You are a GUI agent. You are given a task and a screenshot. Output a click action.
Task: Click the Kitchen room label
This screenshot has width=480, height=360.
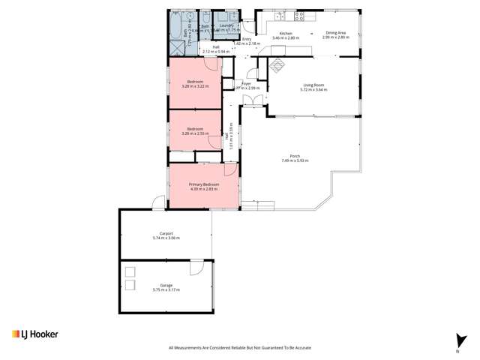285,33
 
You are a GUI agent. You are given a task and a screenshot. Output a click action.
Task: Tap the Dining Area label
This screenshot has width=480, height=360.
336,33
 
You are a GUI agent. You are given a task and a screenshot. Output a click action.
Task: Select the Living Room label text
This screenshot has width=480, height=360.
314,85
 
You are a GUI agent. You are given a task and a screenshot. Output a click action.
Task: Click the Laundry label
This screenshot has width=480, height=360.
224,25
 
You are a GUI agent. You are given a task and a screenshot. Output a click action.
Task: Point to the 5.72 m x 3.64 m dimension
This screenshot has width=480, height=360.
314,89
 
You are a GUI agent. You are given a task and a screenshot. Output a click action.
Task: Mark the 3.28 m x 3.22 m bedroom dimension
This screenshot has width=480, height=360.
195,85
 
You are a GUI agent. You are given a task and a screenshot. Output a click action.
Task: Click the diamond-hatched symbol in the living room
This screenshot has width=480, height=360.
277,65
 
